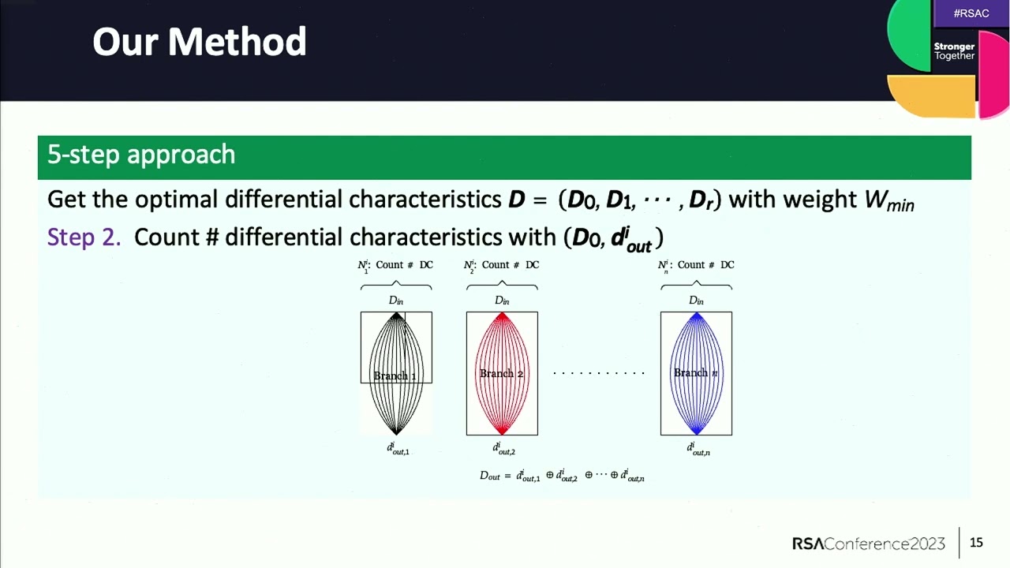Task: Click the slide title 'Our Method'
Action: point(199,42)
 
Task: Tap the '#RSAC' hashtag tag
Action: point(971,13)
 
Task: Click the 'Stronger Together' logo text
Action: point(954,51)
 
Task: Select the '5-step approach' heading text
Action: point(141,155)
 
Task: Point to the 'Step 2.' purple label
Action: point(84,237)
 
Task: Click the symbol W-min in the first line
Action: point(888,200)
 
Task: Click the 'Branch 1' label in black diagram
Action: point(395,376)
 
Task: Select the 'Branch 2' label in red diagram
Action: point(502,373)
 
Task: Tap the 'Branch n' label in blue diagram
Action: point(696,372)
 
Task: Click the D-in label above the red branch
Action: point(502,301)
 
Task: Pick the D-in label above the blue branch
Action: point(696,301)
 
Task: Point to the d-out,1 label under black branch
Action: point(398,449)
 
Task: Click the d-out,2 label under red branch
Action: point(503,449)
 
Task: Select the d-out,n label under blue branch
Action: point(698,449)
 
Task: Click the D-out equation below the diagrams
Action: point(562,475)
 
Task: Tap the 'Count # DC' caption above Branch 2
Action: point(502,265)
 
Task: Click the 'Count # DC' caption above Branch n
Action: point(697,265)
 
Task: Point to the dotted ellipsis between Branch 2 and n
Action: point(599,373)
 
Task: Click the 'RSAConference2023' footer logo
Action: point(868,544)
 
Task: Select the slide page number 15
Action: point(976,543)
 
